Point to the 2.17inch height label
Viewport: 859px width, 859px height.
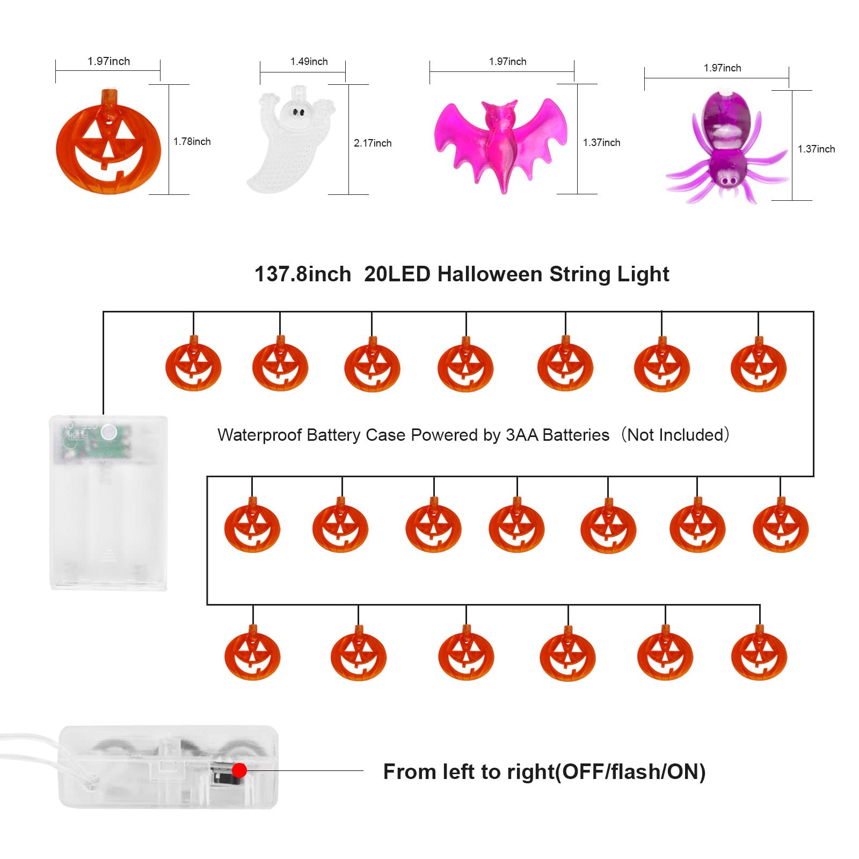pyautogui.click(x=373, y=143)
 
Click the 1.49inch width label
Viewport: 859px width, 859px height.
pyautogui.click(x=309, y=62)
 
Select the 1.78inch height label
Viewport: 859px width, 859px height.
pyautogui.click(x=192, y=142)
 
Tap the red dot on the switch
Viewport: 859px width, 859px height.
pyautogui.click(x=239, y=770)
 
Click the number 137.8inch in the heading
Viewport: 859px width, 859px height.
pyautogui.click(x=303, y=274)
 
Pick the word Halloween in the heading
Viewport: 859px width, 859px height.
pyautogui.click(x=490, y=274)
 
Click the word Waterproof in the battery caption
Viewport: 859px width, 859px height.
pyautogui.click(x=259, y=435)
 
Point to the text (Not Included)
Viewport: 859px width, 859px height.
pyautogui.click(x=675, y=435)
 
